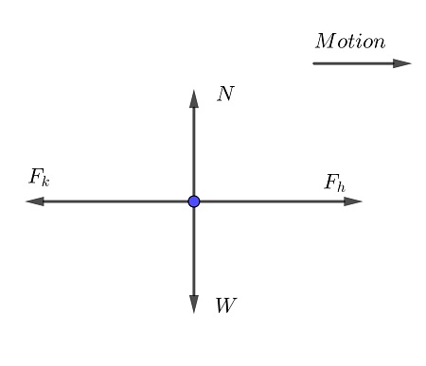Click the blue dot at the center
194,201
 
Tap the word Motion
350,42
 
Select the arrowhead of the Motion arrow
402,63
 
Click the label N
225,94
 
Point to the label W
225,305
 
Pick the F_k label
40,178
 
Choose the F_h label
335,183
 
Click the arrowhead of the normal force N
194,98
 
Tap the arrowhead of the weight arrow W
194,305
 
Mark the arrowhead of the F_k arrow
35,201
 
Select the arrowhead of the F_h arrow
353,201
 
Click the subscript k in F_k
45,182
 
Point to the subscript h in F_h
341,186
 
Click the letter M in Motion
325,41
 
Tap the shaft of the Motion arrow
353,63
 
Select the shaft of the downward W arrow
194,252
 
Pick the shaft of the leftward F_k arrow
115,201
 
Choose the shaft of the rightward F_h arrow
272,201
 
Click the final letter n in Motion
380,44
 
